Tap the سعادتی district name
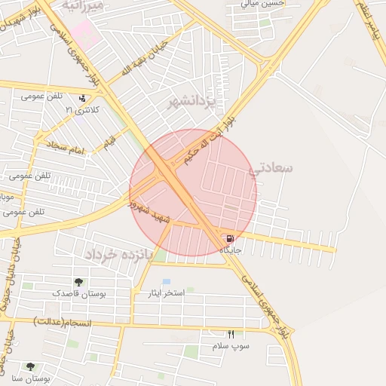coord(274,168)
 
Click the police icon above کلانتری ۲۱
coord(82,98)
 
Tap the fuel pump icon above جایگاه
coord(228,238)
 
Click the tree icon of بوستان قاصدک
coord(78,282)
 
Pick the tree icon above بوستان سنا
coord(30,367)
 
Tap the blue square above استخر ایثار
coord(166,281)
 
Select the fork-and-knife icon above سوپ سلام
coord(231,334)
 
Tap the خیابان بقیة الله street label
coord(136,60)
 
